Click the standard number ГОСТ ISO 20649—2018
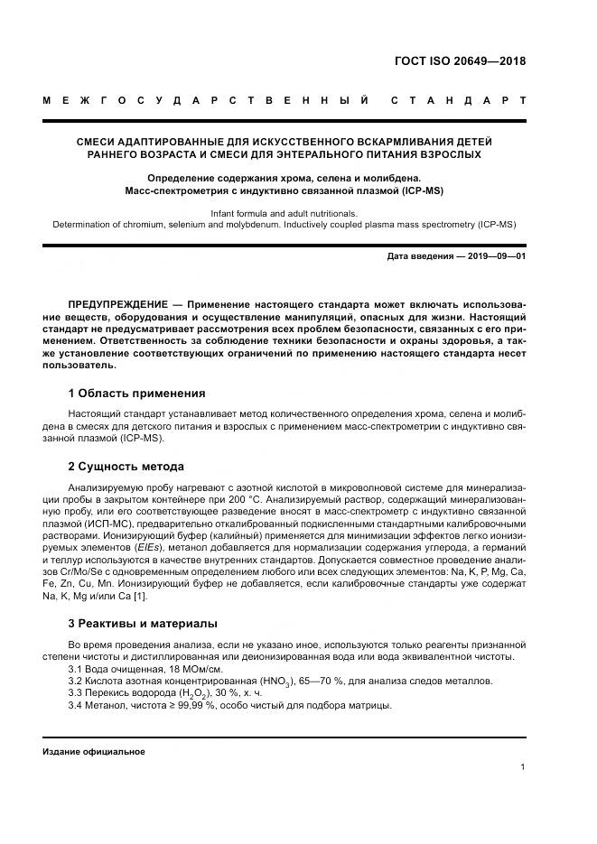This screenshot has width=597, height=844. [460, 61]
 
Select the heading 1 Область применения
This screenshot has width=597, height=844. [136, 394]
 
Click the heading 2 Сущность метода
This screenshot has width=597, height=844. [126, 467]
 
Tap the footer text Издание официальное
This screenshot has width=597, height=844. [94, 751]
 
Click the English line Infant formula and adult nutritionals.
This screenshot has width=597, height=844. [284, 213]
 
